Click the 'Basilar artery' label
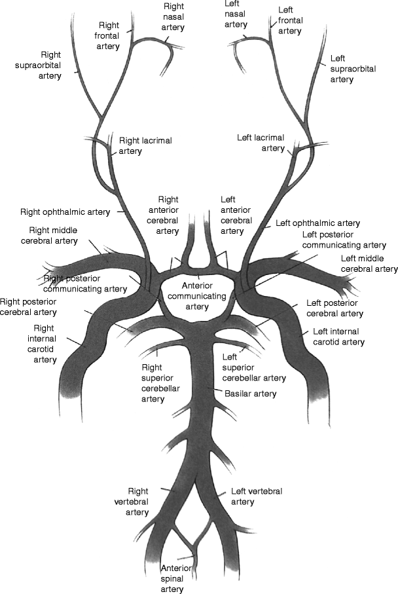pyautogui.click(x=250, y=394)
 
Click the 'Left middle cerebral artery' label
pyautogui.click(x=369, y=263)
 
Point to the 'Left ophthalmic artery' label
pyautogui.click(x=317, y=223)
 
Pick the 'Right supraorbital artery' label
pyautogui.click(x=41, y=65)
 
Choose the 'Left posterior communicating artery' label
pyautogui.click(x=344, y=240)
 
